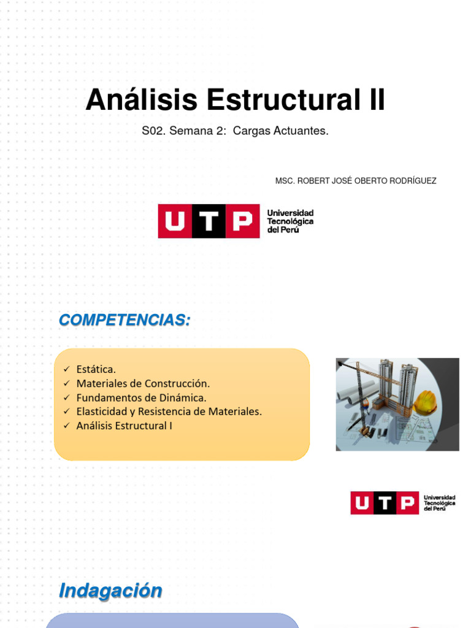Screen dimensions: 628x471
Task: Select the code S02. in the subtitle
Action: point(153,131)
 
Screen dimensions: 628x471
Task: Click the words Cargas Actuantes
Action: point(281,131)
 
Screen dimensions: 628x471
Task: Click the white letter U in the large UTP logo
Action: point(175,221)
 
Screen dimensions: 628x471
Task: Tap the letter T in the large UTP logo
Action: point(210,221)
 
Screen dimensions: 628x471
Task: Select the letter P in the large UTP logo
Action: point(242,221)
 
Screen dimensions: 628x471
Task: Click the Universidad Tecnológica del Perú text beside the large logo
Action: point(290,221)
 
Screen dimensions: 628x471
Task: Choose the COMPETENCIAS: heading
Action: point(124,320)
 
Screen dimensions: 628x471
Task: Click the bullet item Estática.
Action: point(96,369)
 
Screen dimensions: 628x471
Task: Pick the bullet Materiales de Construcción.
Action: point(143,383)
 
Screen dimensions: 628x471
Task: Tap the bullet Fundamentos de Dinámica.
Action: point(141,397)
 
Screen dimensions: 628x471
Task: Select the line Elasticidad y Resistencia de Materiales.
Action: point(169,412)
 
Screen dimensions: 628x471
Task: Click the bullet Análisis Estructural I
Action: point(124,426)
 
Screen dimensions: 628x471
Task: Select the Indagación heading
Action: point(110,591)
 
